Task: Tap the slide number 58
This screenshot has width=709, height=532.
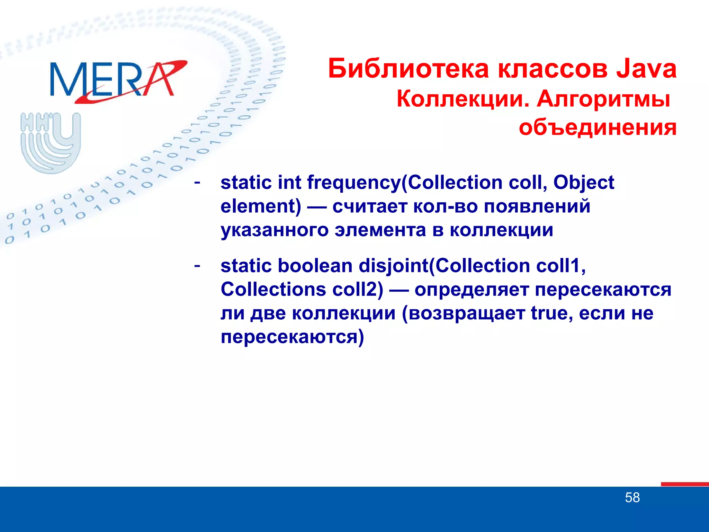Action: (x=632, y=498)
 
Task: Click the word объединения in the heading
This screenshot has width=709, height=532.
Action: (x=598, y=127)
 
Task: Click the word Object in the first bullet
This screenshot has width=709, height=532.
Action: (x=584, y=183)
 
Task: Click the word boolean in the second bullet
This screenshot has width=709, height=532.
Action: (x=315, y=266)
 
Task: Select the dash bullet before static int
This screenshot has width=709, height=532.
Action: (x=197, y=181)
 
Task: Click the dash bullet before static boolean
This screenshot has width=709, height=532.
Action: (x=197, y=265)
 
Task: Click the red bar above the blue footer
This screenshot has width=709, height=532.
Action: (x=684, y=484)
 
